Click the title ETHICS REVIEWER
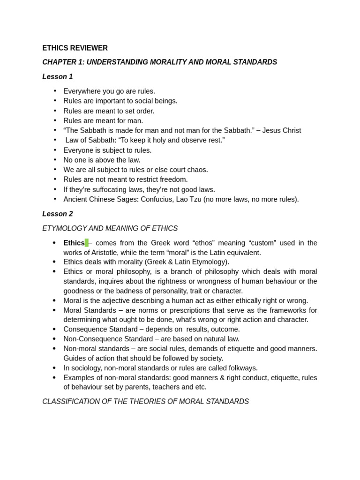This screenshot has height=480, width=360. coord(75,48)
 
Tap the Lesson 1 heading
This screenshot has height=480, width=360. coord(58,76)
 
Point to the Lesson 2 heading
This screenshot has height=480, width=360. coord(58,214)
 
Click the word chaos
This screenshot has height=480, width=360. coord(197,170)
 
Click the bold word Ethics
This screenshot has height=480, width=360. coord(74,243)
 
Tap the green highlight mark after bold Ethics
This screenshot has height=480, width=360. coord(87,243)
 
